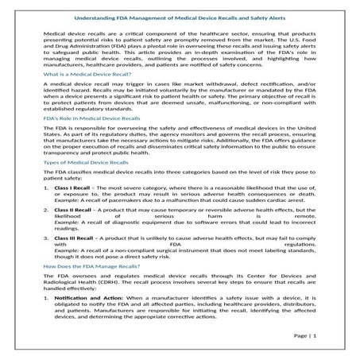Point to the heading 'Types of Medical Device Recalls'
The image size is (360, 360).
(83, 184)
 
